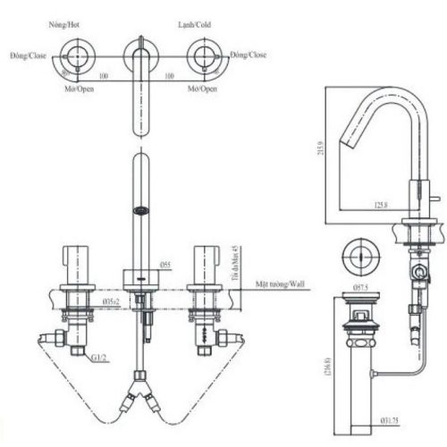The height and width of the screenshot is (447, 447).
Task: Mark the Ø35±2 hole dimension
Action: [112, 303]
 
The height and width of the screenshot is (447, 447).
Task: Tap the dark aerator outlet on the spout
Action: [139, 212]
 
